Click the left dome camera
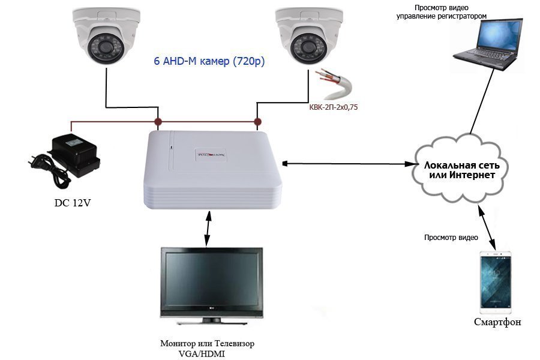tap(106, 36)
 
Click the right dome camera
tap(309, 36)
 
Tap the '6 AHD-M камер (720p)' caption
tap(209, 61)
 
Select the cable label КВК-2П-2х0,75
tap(333, 107)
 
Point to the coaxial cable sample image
tap(334, 85)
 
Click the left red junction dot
tap(158, 122)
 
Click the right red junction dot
tap(257, 122)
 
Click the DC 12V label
tap(73, 203)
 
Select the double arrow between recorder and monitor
tap(208, 229)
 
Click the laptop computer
tap(488, 44)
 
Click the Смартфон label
tap(497, 322)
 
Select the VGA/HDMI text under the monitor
tap(202, 353)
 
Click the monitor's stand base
tap(211, 322)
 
